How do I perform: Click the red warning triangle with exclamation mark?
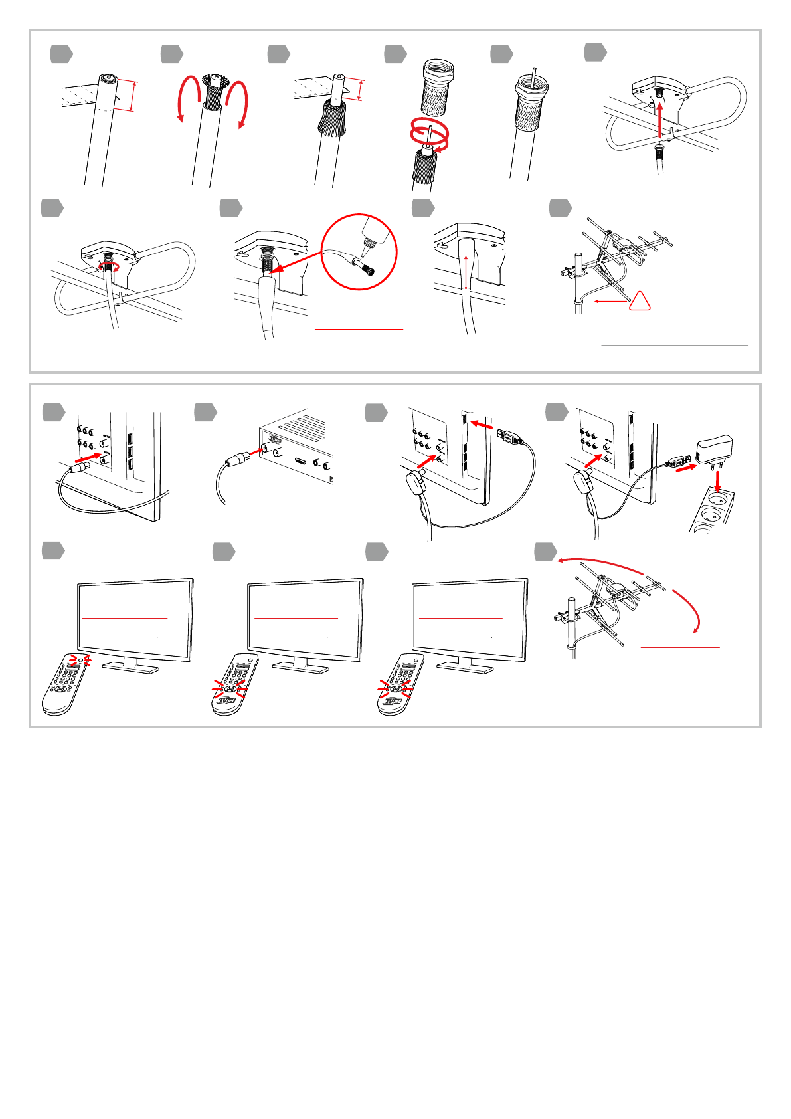(640, 301)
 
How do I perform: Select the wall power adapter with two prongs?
(713, 451)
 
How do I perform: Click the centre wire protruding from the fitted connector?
(534, 73)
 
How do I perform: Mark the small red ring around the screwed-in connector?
(106, 266)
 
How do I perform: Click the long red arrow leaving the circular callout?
(299, 262)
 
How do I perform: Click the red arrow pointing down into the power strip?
(717, 483)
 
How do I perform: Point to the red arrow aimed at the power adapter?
(686, 468)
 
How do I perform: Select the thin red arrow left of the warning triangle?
(611, 301)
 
